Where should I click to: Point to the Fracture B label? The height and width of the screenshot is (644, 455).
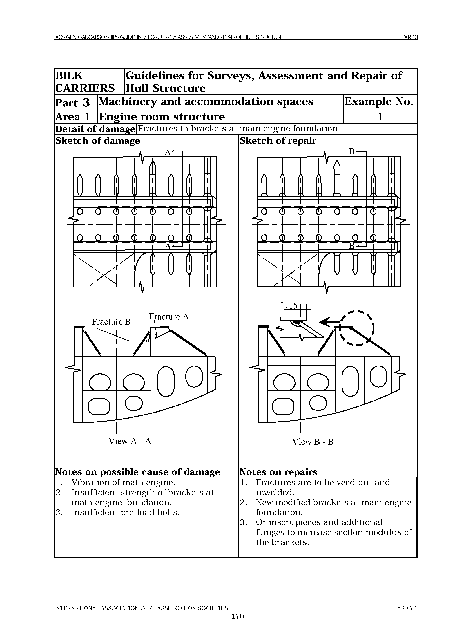tap(111, 321)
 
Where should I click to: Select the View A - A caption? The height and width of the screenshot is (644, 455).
tap(130, 441)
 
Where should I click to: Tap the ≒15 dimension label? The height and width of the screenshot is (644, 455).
tap(290, 306)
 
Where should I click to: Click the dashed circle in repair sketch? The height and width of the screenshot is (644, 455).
tap(357, 328)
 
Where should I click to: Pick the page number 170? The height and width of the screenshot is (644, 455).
tap(238, 624)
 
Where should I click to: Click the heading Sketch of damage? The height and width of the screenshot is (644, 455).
tap(98, 140)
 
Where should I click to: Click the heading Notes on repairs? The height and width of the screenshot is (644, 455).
tap(278, 472)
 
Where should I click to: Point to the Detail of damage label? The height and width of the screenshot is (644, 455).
tap(95, 129)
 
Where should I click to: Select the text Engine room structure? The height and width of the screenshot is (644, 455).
tap(162, 117)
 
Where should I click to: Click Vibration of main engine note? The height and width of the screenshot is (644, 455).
tap(123, 482)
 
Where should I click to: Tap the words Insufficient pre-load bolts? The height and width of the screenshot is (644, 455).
tap(125, 512)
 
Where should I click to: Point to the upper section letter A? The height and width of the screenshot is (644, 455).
tap(167, 153)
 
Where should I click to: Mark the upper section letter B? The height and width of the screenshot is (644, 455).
tap(351, 152)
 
